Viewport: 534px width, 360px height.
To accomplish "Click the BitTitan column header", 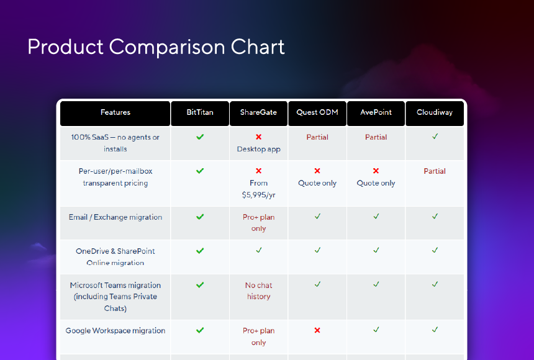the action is click(x=200, y=112).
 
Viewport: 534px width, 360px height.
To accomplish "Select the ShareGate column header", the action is click(x=258, y=112).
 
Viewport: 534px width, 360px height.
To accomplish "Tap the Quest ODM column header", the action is click(x=317, y=112).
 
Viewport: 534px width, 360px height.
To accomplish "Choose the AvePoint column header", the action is click(x=376, y=112).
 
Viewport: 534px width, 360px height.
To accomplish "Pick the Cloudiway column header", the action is click(x=435, y=112).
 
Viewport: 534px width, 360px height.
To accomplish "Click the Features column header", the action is click(x=115, y=112).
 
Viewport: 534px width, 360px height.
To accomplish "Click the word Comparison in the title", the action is click(x=167, y=47).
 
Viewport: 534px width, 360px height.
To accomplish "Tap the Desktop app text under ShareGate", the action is click(x=259, y=149).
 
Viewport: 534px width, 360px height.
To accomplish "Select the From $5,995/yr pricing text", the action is click(x=259, y=189).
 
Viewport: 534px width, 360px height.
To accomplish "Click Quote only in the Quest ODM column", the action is click(x=317, y=183).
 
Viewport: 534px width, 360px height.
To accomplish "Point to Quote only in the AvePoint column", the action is click(x=376, y=183).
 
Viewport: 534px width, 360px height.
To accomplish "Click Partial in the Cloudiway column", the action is click(x=435, y=171).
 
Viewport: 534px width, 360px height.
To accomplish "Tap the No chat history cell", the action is click(x=259, y=291).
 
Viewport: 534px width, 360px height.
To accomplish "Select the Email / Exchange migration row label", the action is click(x=115, y=217).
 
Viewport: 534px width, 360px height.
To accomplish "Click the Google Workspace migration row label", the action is click(x=115, y=331).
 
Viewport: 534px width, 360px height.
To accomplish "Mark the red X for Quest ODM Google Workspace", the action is click(x=317, y=330).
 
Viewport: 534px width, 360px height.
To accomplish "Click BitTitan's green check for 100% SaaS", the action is click(x=200, y=137).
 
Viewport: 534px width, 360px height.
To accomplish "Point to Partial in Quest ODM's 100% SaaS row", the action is click(x=317, y=137).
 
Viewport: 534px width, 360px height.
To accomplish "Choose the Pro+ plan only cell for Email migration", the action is click(x=259, y=223).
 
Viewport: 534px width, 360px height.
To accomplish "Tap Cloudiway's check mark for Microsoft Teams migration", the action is click(x=435, y=284).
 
